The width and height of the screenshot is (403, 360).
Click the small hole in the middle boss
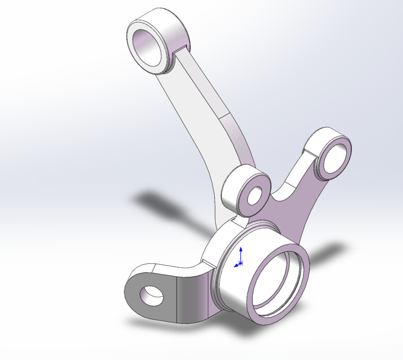coord(256,195)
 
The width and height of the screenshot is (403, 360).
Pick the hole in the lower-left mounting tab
coord(152,294)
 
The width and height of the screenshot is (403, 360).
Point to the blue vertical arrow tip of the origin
coord(241,248)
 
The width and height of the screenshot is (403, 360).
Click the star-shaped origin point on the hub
coord(241,263)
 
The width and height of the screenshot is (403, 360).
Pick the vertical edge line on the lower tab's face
coord(179,298)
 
